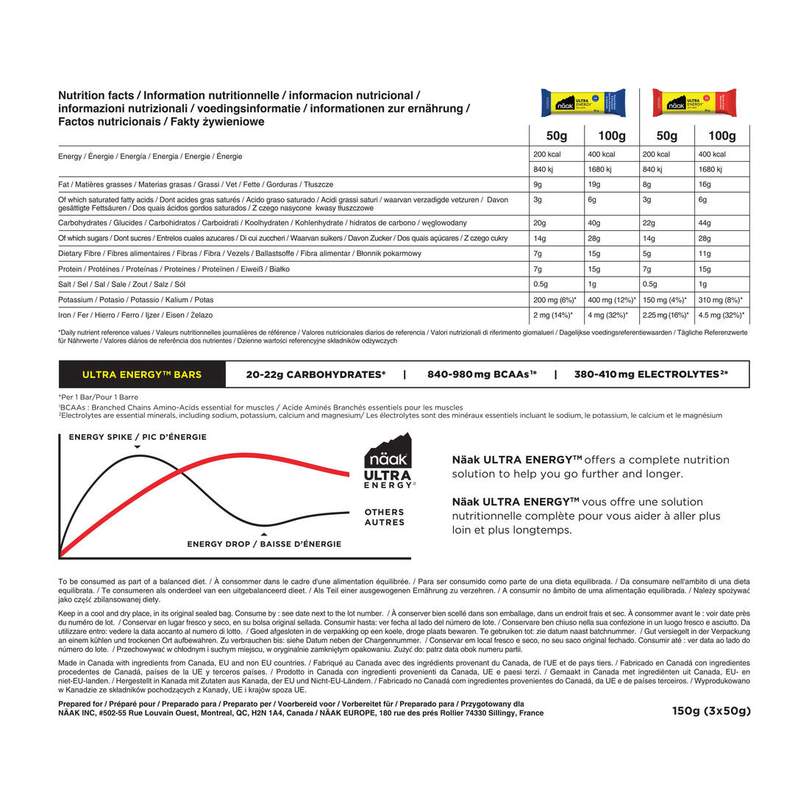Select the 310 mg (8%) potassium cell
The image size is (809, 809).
pyautogui.click(x=721, y=300)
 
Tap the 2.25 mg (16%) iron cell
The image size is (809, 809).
pyautogui.click(x=667, y=316)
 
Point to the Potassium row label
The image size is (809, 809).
pyautogui.click(x=135, y=300)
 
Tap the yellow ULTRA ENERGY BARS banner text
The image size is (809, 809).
pyautogui.click(x=142, y=374)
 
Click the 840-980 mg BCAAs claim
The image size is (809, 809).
pyautogui.click(x=482, y=374)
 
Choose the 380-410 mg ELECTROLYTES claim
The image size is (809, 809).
pyautogui.click(x=651, y=374)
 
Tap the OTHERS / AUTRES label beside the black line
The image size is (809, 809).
pyautogui.click(x=385, y=517)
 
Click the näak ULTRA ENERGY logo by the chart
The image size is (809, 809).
pyautogui.click(x=389, y=462)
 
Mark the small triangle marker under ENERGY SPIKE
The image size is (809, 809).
pyautogui.click(x=138, y=447)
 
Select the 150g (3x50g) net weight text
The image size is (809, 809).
pyautogui.click(x=710, y=711)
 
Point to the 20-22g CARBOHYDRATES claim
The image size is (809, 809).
pyautogui.click(x=316, y=374)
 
